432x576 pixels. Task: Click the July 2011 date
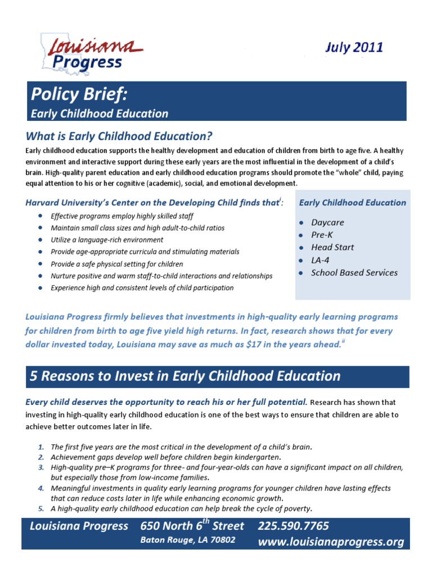354,47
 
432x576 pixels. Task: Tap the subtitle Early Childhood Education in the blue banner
99,114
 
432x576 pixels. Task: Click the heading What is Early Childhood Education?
119,136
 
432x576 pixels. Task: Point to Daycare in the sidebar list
327,222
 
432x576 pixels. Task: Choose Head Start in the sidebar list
332,247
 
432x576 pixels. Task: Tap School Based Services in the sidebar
354,272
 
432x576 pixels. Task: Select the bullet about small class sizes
137,228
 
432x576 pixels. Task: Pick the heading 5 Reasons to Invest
185,376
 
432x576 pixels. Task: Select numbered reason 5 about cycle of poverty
181,508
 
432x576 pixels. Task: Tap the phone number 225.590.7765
293,526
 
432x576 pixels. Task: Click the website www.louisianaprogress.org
331,542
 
